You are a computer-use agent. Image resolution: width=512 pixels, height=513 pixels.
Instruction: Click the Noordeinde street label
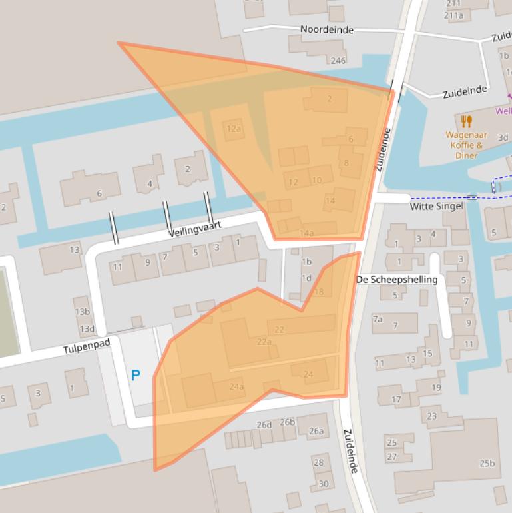(326, 29)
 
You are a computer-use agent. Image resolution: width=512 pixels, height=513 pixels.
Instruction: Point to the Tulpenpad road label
(86, 348)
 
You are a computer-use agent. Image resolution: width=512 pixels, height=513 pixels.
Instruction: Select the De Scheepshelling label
(397, 279)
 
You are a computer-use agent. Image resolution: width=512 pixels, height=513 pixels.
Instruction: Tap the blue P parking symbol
(136, 376)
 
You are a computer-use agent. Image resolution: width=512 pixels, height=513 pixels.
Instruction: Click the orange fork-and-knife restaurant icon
(466, 121)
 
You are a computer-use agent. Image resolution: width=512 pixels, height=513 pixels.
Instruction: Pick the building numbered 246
(338, 61)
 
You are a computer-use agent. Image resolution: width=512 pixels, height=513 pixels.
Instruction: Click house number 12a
(233, 129)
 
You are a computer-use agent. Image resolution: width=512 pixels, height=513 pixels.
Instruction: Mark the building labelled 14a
(306, 233)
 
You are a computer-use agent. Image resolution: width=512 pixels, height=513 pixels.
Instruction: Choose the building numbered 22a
(264, 342)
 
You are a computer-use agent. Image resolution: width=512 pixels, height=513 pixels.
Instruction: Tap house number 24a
(236, 386)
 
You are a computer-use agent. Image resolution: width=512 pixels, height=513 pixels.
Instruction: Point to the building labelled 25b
(487, 463)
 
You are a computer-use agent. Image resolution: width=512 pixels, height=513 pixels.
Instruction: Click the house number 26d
(264, 424)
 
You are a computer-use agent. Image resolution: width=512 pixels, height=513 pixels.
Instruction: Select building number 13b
(82, 312)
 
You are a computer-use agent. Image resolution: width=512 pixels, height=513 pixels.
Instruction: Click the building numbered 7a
(378, 319)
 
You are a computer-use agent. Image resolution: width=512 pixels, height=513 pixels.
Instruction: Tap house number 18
(318, 292)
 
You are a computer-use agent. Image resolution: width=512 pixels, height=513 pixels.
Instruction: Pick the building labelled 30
(324, 484)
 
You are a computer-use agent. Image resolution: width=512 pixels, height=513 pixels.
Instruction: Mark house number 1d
(306, 278)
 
